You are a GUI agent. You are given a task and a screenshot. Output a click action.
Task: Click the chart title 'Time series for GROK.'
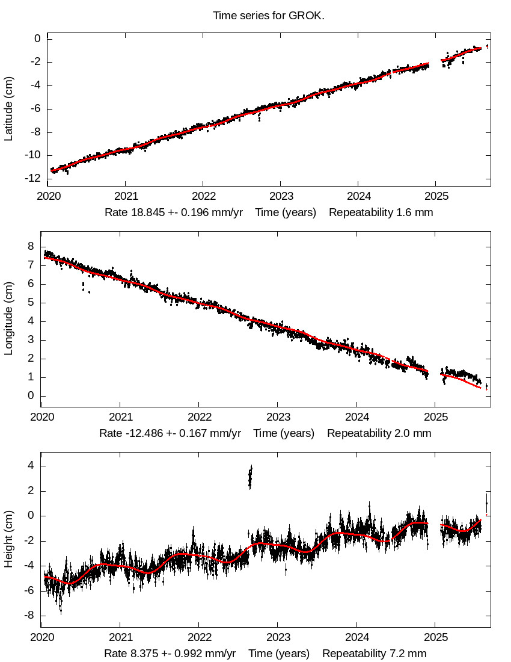click(x=268, y=15)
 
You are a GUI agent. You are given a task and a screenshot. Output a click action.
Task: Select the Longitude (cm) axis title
click(x=8, y=326)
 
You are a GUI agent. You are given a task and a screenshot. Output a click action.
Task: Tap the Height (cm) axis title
click(x=8, y=542)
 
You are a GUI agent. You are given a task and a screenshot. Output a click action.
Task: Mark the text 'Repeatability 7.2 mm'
click(x=375, y=654)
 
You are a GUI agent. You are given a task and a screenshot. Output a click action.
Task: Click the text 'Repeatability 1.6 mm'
click(x=381, y=212)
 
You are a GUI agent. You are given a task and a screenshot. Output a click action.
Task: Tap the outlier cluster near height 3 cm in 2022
click(x=250, y=477)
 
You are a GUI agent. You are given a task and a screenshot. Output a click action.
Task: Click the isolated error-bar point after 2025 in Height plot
click(x=486, y=503)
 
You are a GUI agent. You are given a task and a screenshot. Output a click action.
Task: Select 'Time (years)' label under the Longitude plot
click(x=284, y=433)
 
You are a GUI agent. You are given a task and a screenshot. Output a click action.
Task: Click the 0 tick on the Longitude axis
click(x=30, y=396)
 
